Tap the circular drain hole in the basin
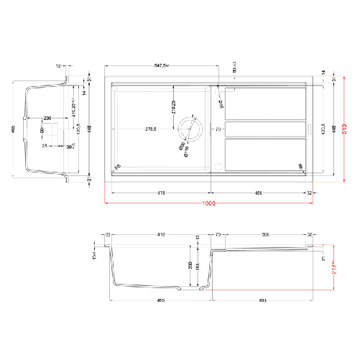coord(192,129)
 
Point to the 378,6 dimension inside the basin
coord(146,130)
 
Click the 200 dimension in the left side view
coord(47,117)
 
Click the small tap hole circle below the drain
coord(216,165)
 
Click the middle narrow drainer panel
coord(265,129)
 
